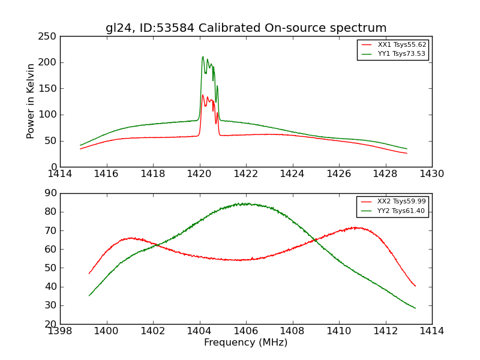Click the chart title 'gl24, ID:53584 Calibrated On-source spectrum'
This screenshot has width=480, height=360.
[x=246, y=28]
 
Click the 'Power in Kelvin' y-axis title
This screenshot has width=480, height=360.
[x=31, y=101]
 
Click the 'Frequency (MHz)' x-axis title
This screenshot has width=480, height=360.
[x=246, y=343]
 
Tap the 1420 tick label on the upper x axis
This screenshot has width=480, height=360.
[x=200, y=174]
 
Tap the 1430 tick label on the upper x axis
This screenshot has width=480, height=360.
[x=432, y=174]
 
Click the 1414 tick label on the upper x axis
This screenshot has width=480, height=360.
[x=61, y=174]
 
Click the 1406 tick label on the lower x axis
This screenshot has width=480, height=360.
[x=246, y=331]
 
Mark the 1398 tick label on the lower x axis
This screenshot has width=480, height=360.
[x=61, y=331]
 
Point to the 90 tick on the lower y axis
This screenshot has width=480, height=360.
[x=52, y=193]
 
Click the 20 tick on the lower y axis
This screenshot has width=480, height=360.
[x=52, y=324]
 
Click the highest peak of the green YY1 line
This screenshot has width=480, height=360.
[x=203, y=56]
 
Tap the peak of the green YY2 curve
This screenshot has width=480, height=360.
[x=241, y=203]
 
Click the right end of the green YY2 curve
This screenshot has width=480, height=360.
[x=415, y=308]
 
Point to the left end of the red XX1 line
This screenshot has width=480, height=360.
[x=80, y=149]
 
